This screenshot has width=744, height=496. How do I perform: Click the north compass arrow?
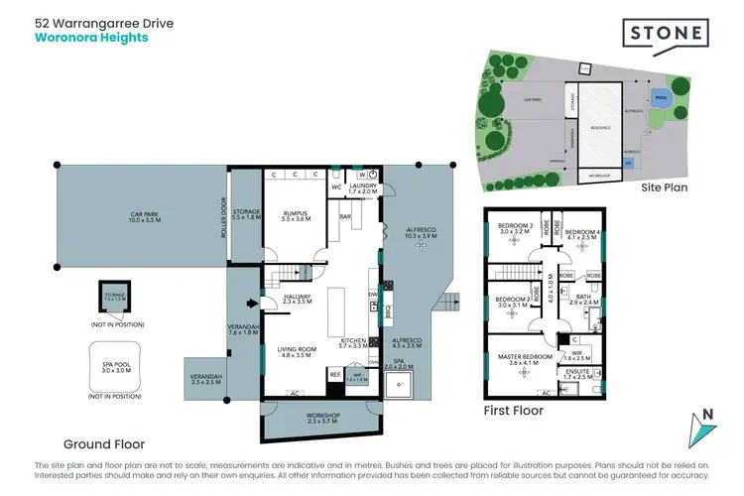click(705, 430)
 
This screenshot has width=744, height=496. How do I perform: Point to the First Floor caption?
click(514, 408)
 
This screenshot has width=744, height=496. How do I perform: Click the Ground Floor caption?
click(104, 444)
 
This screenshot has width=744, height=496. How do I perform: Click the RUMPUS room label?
click(296, 212)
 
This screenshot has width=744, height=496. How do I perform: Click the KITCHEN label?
click(353, 342)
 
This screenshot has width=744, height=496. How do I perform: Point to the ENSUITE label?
click(576, 373)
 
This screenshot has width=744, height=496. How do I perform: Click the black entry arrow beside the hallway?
click(251, 304)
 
